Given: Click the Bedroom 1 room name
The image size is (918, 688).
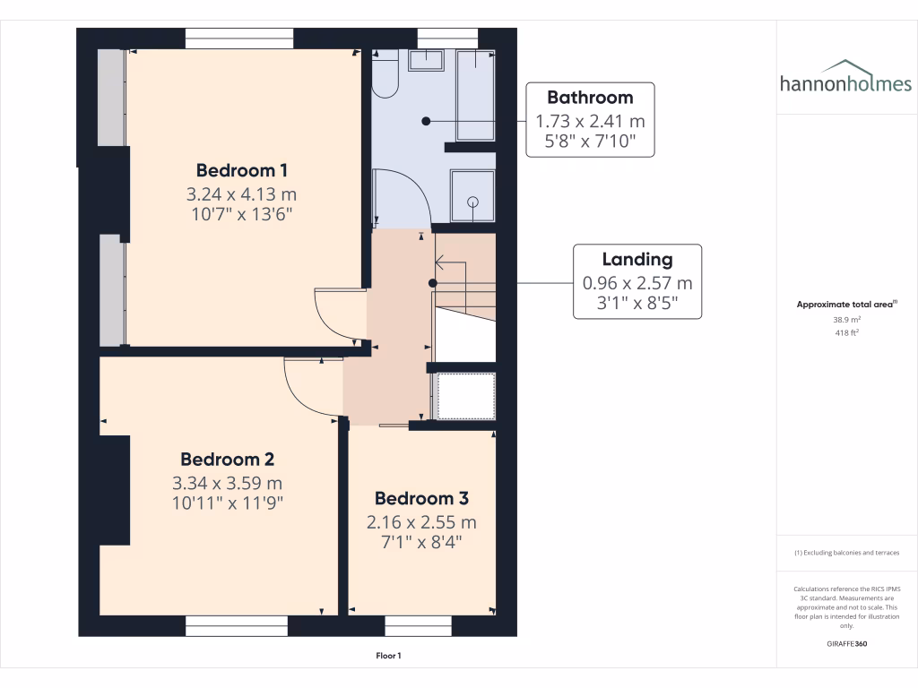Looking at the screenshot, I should click(x=242, y=170).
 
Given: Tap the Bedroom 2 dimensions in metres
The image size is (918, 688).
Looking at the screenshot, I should click(x=228, y=483).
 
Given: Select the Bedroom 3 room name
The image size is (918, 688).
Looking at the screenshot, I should click(x=421, y=499).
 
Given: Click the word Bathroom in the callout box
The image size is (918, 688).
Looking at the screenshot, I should click(x=590, y=98).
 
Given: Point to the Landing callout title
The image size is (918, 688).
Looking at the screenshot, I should click(x=637, y=260).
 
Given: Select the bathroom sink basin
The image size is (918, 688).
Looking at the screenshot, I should click(x=427, y=60).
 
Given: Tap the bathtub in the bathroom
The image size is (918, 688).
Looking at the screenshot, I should click(x=475, y=95).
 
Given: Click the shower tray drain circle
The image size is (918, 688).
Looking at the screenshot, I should click(x=472, y=202).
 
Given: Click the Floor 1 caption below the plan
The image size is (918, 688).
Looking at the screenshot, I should click(x=388, y=657).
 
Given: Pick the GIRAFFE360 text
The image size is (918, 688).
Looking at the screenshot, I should click(x=847, y=644).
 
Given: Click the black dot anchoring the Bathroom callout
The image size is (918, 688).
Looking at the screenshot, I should click(x=427, y=121).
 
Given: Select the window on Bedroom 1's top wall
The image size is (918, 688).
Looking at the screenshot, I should click(x=239, y=39).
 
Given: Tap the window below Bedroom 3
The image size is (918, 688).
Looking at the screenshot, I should click(x=418, y=625).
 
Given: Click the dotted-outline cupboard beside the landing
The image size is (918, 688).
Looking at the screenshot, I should click(x=464, y=396).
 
